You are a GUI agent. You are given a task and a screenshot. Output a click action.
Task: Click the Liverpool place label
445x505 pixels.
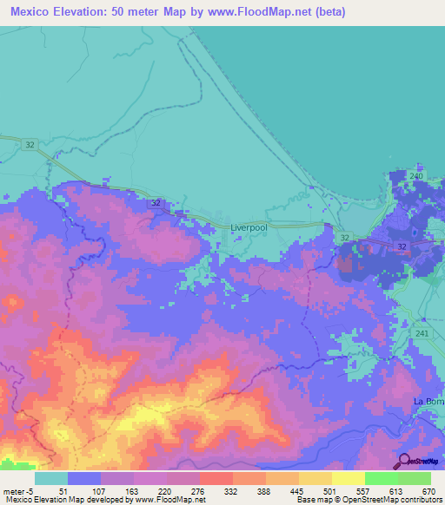(248, 228)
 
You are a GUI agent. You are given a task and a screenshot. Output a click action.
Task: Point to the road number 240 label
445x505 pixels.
(416, 176)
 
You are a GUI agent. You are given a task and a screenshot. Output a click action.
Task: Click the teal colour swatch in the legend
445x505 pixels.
(50, 478)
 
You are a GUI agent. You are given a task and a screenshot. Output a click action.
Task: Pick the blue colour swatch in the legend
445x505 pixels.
(83, 478)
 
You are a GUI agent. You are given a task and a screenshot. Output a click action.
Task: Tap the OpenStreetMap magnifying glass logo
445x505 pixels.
(404, 461)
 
